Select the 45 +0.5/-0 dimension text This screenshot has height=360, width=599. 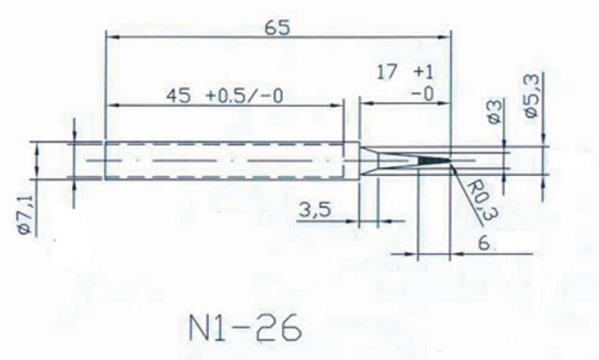point(228,97)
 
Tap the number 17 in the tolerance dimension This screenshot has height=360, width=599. point(387,73)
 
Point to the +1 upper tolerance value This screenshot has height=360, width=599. point(424,73)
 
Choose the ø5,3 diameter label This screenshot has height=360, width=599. point(533,91)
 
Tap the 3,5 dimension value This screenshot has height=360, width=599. point(315,210)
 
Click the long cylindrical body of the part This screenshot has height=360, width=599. point(225,161)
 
